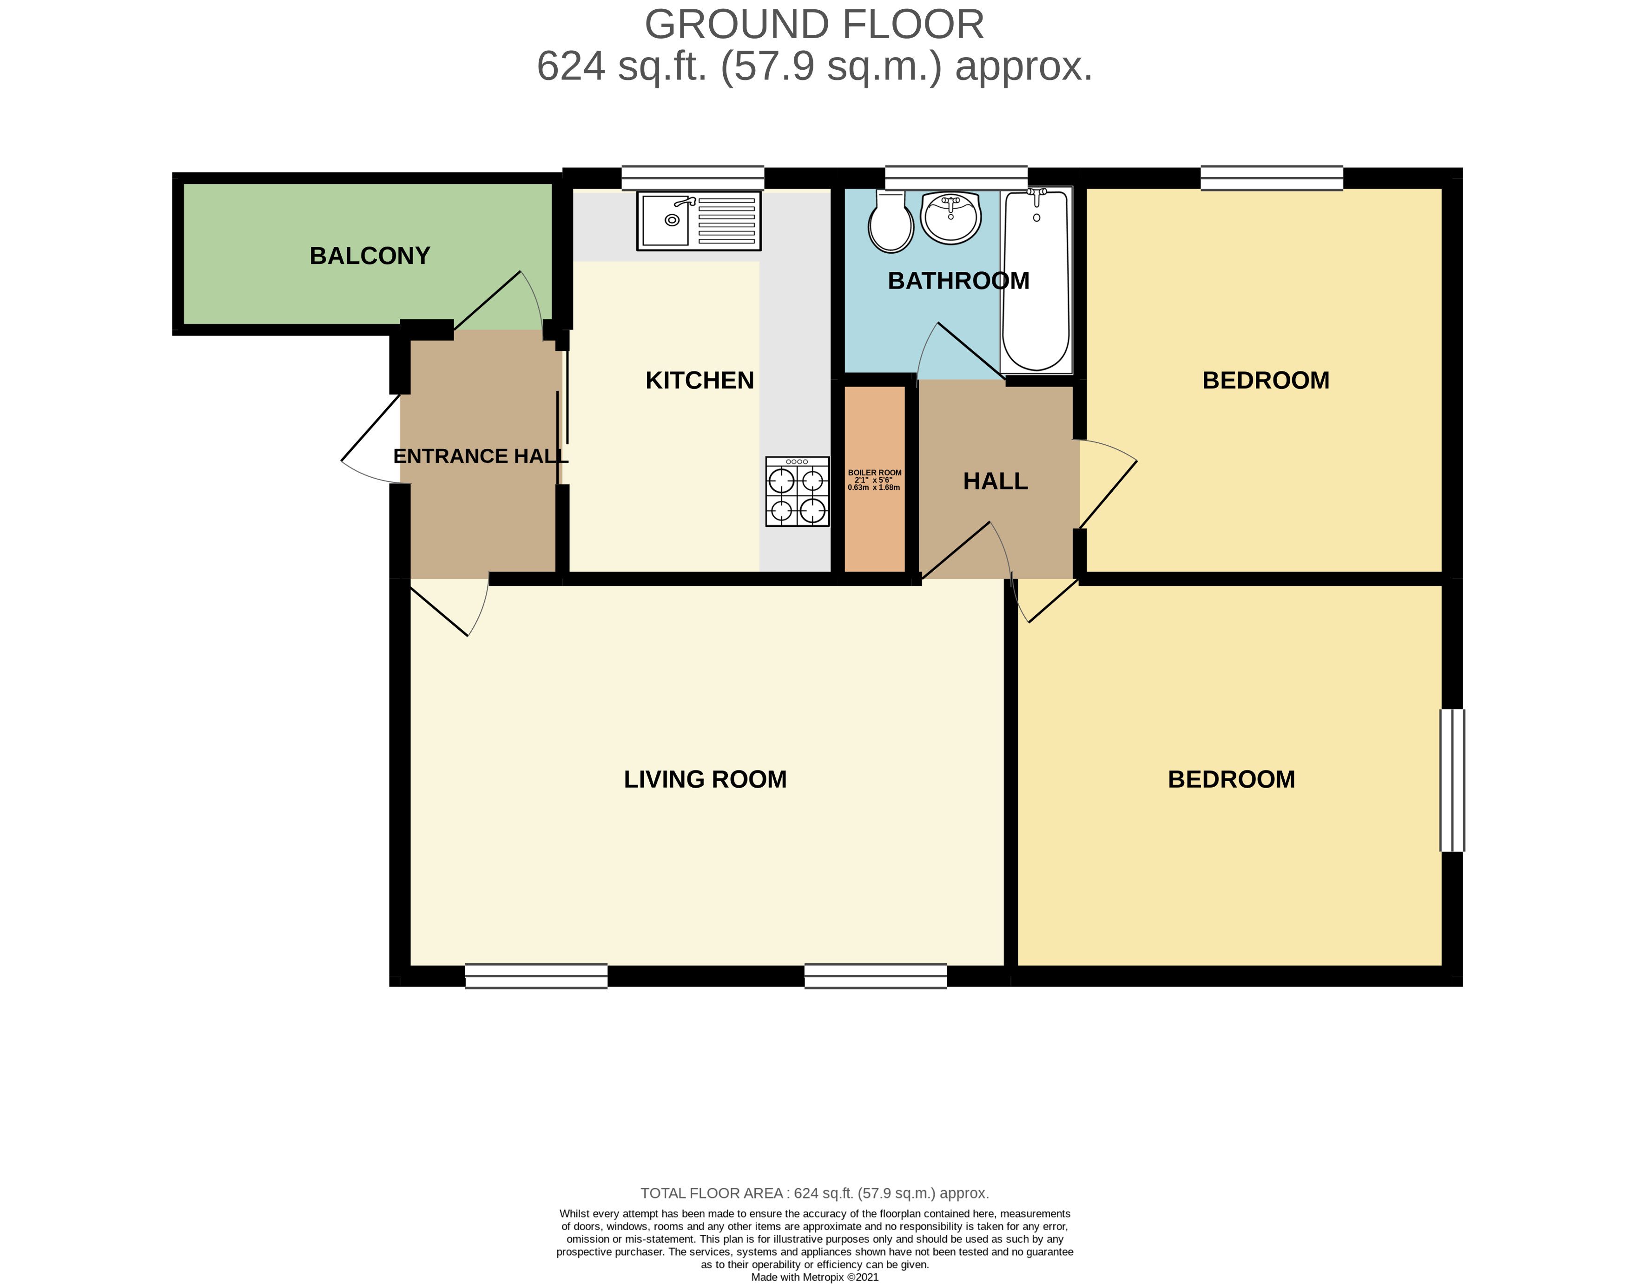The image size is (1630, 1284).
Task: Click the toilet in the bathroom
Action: point(890,221)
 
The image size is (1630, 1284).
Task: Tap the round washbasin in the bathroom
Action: point(951,217)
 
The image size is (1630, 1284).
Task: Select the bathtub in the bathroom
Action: point(1036,280)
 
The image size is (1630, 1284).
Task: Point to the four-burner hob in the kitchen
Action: point(797,492)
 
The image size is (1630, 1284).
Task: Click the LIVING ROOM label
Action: point(705,779)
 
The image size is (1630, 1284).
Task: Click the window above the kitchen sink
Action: point(693,178)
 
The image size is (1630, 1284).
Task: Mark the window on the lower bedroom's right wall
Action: point(1452,780)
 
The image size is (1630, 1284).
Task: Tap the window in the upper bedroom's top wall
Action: point(1271,178)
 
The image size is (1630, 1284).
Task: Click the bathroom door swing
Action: point(963,349)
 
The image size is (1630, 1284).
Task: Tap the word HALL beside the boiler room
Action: point(996,481)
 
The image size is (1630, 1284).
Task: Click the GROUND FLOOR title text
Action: point(814,25)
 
